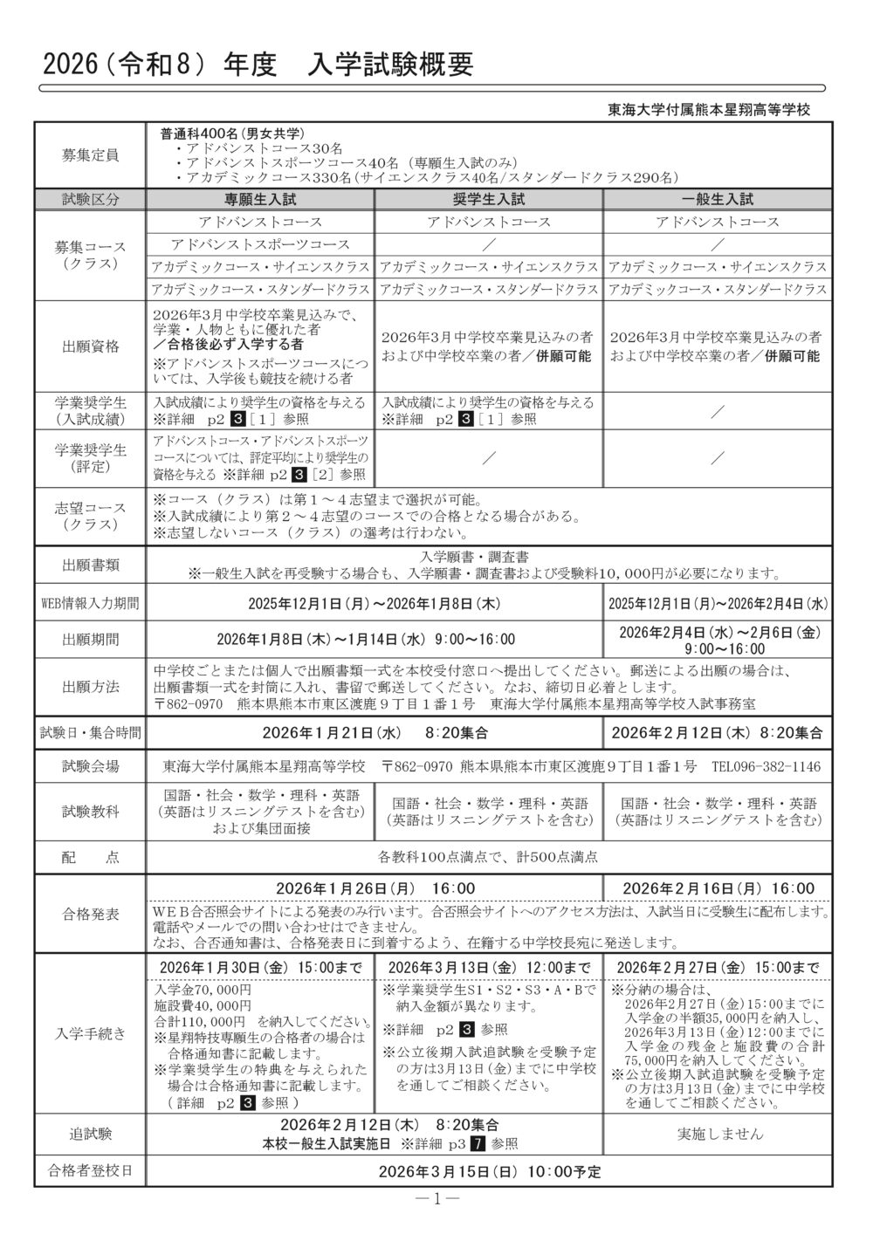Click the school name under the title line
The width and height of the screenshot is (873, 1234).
[709, 110]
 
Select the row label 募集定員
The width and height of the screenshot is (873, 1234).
[90, 155]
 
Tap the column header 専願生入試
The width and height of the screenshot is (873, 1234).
[260, 198]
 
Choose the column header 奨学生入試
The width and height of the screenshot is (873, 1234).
[489, 198]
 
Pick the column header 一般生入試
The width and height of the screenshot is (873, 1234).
[717, 198]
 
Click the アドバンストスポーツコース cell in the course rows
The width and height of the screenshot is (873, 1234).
[260, 244]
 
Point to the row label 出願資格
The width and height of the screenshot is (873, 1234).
[90, 346]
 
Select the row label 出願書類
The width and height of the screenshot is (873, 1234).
[90, 565]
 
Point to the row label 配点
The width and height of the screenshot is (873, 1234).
[90, 857]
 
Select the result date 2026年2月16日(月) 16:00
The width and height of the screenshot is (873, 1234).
[717, 888]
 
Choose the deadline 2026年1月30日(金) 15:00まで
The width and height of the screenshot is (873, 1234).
[260, 967]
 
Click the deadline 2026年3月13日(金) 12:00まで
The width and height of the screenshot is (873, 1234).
[489, 967]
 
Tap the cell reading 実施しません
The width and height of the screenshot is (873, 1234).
[717, 1134]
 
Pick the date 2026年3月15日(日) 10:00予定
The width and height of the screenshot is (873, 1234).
[490, 1170]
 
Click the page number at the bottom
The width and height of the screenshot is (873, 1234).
[436, 1198]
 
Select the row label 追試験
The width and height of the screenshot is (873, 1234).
[90, 1134]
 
